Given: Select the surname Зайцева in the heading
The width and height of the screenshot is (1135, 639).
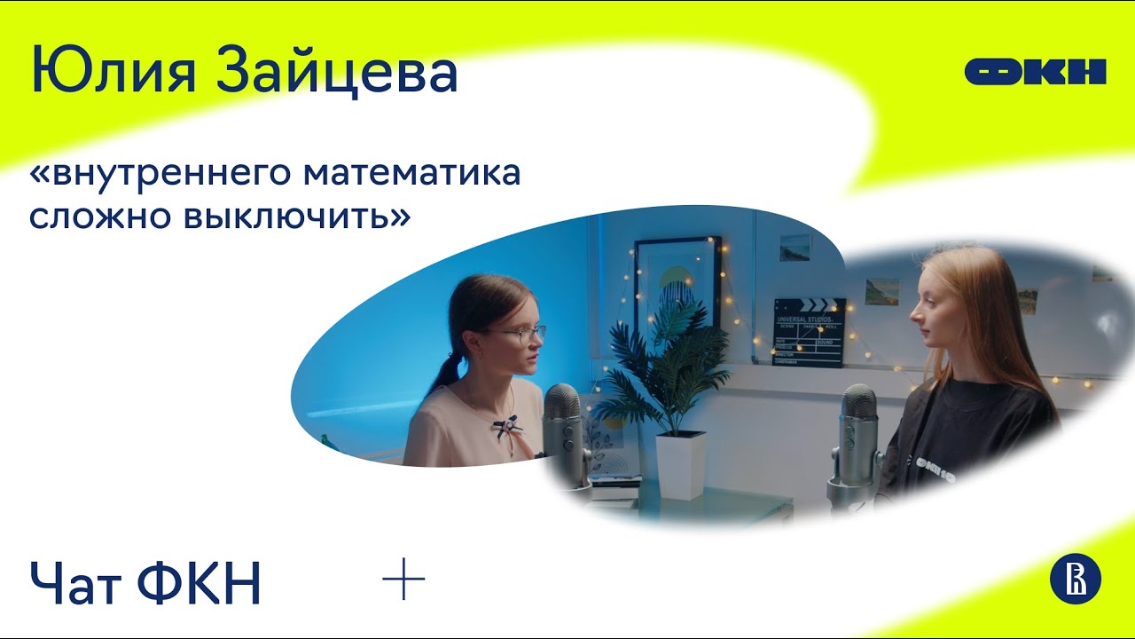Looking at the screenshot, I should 336,72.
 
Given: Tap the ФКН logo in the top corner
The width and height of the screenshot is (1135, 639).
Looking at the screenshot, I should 1035,71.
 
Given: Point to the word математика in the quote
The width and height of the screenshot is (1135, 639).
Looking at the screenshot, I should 411,174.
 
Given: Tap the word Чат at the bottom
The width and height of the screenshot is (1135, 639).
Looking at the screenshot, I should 75,584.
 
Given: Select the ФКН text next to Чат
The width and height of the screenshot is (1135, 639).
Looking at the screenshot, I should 200,584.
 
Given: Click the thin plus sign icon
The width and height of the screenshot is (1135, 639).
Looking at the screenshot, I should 403,580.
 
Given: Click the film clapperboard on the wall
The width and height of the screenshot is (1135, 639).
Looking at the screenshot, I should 809,332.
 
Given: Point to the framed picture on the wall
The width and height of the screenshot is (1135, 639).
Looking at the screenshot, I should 677,285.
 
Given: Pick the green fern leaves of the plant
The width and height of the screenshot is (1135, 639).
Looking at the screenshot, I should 661,373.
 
